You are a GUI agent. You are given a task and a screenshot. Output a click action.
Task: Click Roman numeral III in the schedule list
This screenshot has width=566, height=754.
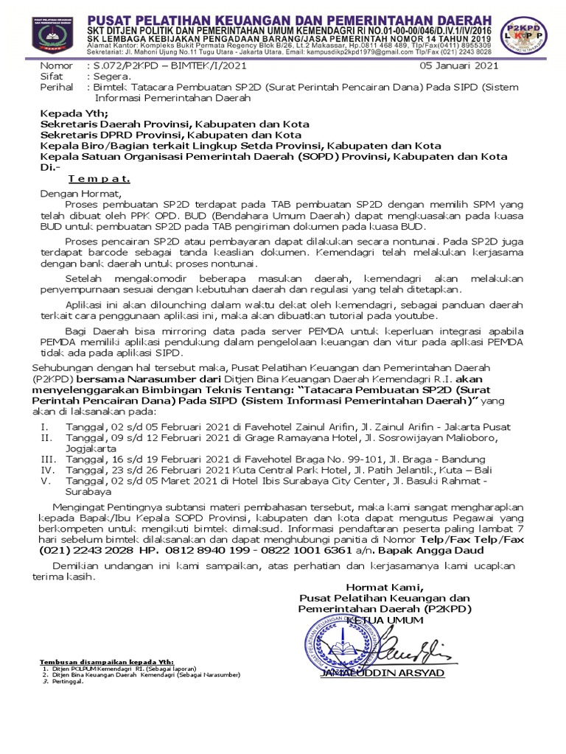point(46,457)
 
